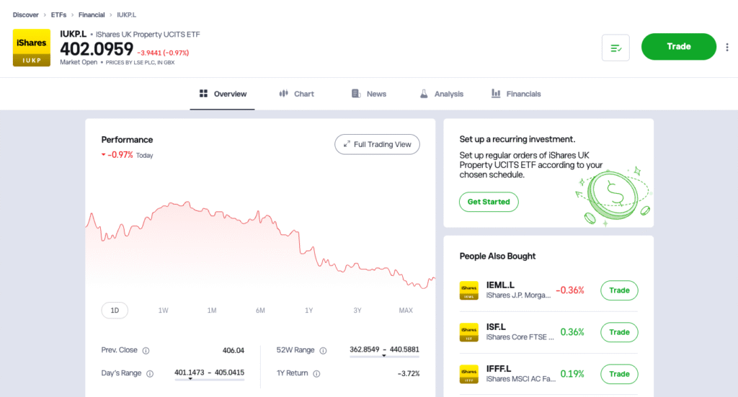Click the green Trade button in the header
[678, 47]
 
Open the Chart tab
[296, 94]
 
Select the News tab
[368, 94]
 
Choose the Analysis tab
[441, 94]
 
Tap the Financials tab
[516, 94]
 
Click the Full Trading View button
[377, 144]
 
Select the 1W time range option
[164, 311]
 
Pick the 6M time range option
[260, 311]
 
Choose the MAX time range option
[406, 311]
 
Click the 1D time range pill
[115, 311]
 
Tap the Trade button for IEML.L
[619, 290]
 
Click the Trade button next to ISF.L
[619, 332]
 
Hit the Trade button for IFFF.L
[619, 374]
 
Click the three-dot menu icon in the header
[726, 48]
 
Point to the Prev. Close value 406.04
[233, 351]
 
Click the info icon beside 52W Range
[323, 351]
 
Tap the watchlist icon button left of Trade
[615, 48]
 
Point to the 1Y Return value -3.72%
[408, 373]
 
